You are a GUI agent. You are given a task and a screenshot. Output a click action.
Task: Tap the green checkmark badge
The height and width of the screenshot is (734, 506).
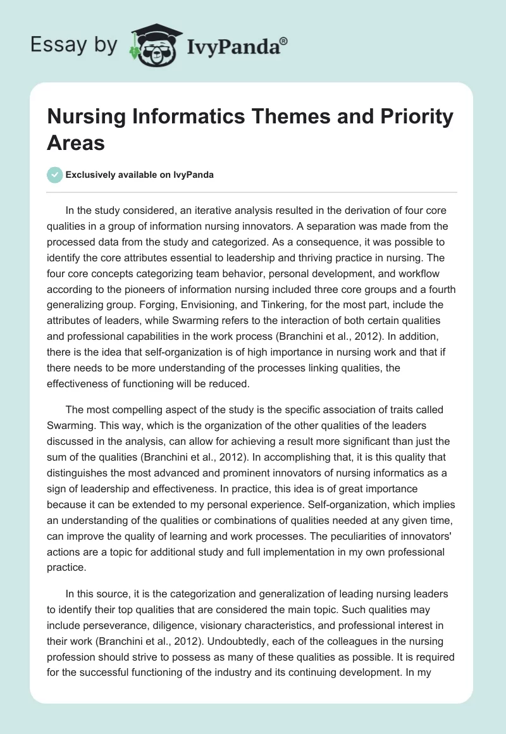56,175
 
